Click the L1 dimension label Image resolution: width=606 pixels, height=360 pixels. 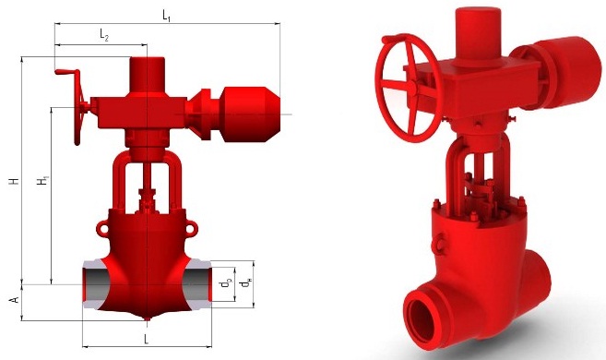tap(166, 16)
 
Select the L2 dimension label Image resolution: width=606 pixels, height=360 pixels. tap(104, 35)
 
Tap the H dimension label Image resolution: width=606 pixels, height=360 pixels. tap(15, 181)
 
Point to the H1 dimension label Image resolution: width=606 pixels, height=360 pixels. tap(43, 181)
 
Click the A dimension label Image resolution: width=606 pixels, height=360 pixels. tap(15, 300)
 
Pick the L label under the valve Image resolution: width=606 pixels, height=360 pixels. tap(146, 340)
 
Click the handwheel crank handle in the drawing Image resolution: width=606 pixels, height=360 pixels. tap(67, 72)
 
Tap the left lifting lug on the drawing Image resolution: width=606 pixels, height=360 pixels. tap(102, 227)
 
